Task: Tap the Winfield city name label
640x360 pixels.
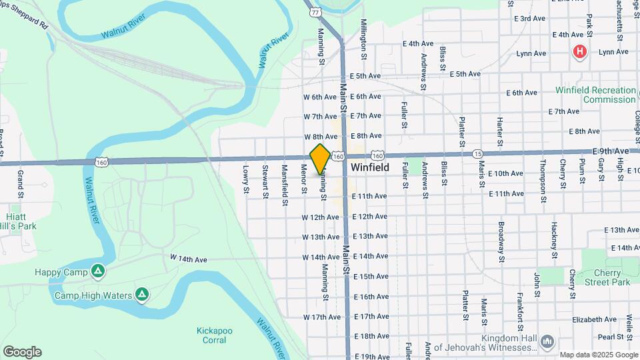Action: tap(370, 168)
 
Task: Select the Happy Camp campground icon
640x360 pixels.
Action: tap(98, 271)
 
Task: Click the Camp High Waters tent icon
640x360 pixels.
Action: tap(141, 294)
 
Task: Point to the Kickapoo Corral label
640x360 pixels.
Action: tap(211, 335)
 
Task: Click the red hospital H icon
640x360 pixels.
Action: tap(580, 51)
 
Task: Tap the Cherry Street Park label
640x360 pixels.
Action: tap(601, 277)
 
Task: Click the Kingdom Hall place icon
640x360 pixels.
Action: tap(547, 341)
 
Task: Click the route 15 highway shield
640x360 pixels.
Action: tap(477, 154)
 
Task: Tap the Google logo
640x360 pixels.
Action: tap(22, 352)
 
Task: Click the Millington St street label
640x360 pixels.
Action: tap(364, 36)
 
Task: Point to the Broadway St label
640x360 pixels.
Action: tap(501, 241)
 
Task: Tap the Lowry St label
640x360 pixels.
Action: tap(245, 180)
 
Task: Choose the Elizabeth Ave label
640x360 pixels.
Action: tap(594, 319)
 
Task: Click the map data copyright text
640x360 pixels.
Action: tap(598, 355)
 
